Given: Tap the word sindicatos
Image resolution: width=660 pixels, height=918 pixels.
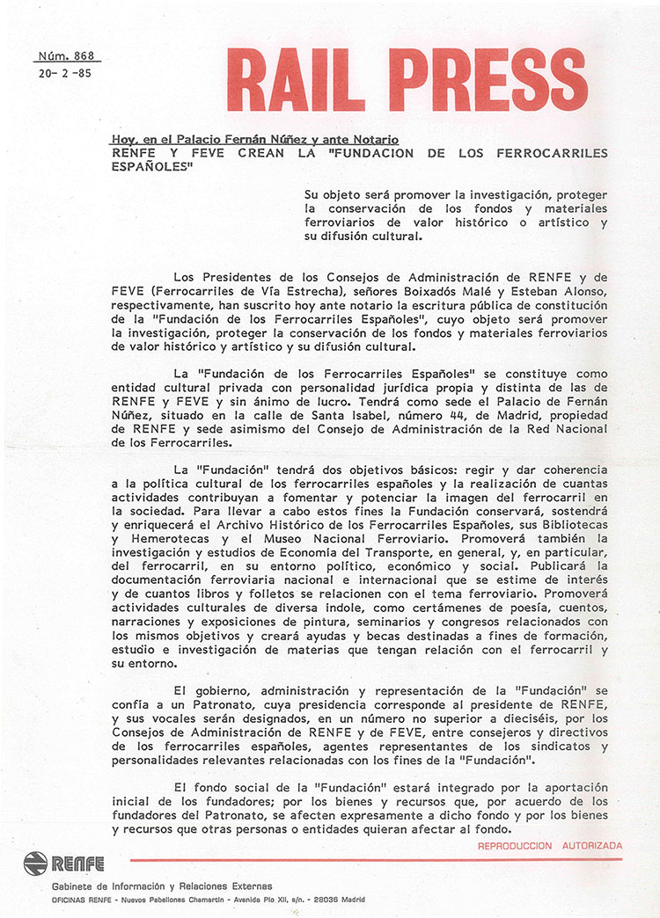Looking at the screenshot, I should (x=559, y=747).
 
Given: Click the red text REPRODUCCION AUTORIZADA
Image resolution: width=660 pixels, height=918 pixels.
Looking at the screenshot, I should (x=549, y=846).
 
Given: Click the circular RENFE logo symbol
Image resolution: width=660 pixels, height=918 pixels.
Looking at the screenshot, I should (x=36, y=863).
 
